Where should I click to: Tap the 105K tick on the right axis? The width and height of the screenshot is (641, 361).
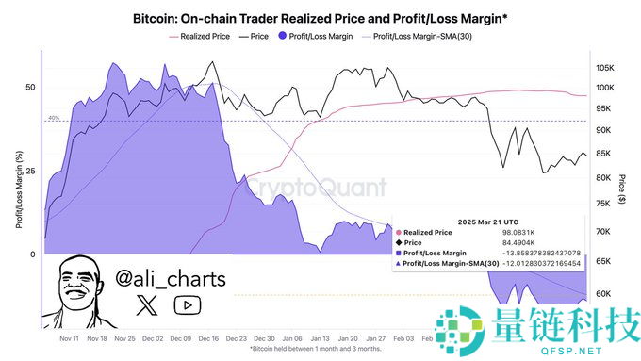604,69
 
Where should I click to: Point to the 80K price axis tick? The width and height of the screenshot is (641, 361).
602,178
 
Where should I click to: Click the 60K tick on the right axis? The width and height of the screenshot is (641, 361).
602,294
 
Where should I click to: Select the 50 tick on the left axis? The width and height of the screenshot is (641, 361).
30,87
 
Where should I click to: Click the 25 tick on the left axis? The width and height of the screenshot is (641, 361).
30,171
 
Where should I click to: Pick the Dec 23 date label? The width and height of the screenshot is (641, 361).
237,337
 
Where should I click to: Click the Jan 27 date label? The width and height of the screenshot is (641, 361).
376,337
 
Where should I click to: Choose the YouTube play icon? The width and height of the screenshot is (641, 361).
188,304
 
